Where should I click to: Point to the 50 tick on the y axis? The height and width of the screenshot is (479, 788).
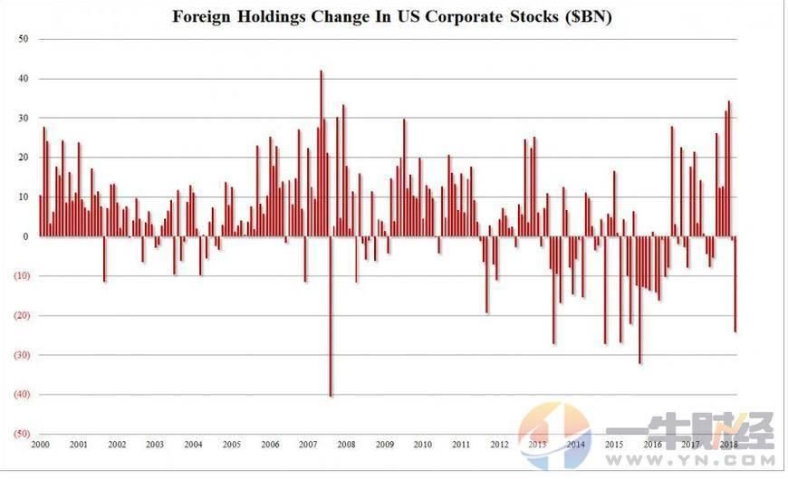click(x=23, y=40)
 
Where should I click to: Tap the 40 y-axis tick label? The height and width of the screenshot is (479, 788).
click(x=23, y=79)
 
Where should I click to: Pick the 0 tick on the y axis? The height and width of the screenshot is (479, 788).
click(x=25, y=237)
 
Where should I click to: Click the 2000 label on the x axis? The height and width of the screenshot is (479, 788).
click(x=40, y=445)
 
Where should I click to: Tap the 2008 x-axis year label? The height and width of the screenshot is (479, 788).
click(x=346, y=445)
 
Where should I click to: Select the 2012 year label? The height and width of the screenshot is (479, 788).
click(x=499, y=445)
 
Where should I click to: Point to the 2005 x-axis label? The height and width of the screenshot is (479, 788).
click(x=231, y=445)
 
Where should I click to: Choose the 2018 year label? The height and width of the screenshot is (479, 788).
click(x=728, y=445)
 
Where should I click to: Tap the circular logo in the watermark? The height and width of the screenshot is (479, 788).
click(x=554, y=436)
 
